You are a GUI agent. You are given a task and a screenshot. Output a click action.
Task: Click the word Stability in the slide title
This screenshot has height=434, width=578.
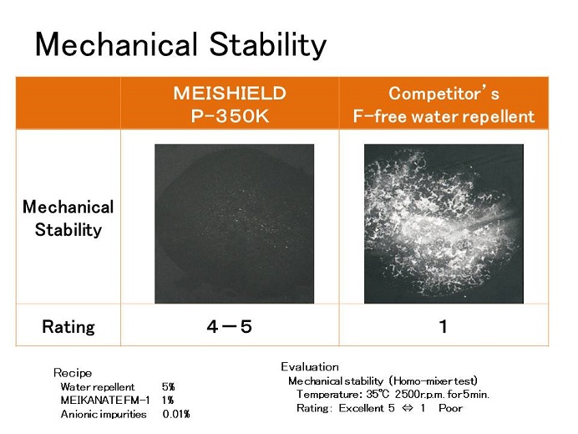(268, 44)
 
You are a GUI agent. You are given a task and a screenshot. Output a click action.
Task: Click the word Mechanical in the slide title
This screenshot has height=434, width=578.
(116, 43)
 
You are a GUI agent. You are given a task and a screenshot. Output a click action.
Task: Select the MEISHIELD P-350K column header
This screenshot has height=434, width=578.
(230, 105)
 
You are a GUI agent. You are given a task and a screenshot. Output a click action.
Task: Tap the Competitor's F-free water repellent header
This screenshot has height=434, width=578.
(444, 105)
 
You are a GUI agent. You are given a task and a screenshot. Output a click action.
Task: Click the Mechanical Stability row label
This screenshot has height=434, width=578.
(68, 218)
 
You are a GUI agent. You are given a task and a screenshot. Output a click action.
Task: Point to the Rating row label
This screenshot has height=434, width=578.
(68, 327)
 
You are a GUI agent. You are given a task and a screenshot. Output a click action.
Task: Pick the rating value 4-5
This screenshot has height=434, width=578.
(230, 327)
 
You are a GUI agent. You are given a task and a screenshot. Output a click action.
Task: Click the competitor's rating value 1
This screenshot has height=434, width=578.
(443, 327)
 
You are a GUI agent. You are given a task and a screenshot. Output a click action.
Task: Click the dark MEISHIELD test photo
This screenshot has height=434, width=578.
(234, 223)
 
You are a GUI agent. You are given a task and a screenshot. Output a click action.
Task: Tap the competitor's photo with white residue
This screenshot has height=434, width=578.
(444, 223)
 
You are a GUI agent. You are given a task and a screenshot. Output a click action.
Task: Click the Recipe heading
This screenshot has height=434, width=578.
(73, 373)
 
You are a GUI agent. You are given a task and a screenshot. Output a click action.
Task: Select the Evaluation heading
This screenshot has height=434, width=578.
(310, 367)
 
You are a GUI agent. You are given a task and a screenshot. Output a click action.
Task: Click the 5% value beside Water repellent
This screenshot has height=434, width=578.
(169, 387)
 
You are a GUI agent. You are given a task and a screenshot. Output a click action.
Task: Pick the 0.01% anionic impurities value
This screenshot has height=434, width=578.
(176, 414)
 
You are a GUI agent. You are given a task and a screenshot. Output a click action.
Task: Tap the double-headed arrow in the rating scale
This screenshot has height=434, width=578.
(408, 409)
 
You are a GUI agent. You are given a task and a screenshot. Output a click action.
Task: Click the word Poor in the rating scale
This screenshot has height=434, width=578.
(450, 408)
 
